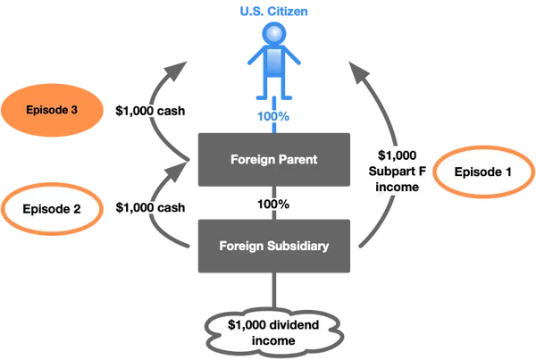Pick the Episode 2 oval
53,209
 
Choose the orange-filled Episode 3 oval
51,111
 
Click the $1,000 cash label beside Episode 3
151,111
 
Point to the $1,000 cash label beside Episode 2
151,207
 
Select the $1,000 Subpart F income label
390,167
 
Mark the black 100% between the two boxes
272,204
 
